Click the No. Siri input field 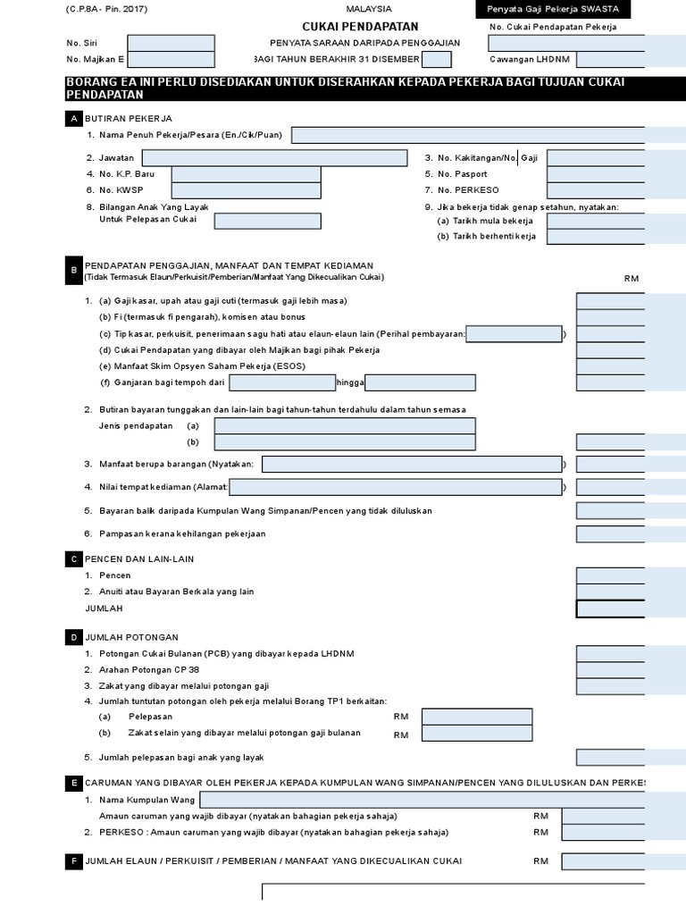[171, 43]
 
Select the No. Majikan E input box [171, 60]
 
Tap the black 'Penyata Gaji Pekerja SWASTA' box [553, 10]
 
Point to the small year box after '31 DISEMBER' [436, 60]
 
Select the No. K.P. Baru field [246, 174]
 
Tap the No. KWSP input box [246, 190]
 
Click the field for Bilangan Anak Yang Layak [268, 221]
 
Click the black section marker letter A [72, 119]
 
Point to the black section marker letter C [72, 559]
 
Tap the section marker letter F [72, 861]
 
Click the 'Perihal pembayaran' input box [514, 334]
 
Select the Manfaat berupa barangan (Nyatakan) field [411, 465]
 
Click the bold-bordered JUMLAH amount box [610, 609]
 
